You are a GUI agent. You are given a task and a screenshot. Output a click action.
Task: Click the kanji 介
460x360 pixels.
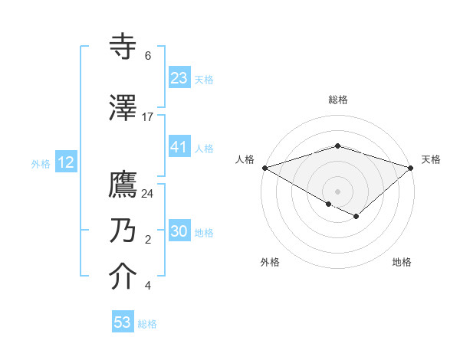(123, 277)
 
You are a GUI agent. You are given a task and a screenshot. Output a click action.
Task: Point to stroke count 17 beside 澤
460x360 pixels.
(148, 117)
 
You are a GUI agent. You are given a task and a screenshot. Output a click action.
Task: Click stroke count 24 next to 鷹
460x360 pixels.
(148, 194)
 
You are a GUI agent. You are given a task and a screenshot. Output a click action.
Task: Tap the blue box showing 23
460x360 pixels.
(179, 77)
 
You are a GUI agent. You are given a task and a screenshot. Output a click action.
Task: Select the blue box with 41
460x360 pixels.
(179, 147)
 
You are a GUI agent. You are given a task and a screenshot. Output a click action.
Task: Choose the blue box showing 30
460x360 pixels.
(179, 231)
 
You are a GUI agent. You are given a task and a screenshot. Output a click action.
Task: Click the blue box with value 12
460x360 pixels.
(66, 162)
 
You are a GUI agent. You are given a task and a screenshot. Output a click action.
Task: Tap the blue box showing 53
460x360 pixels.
(123, 322)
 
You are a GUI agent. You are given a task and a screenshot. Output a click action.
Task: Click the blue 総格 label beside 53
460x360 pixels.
(148, 324)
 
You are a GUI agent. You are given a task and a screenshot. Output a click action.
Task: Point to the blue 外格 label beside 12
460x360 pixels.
(41, 163)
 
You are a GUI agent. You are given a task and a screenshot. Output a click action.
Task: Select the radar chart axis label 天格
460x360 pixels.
(431, 159)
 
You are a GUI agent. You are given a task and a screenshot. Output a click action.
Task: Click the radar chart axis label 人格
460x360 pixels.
(245, 159)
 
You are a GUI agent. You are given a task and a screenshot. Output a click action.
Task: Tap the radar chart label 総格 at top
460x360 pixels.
(338, 100)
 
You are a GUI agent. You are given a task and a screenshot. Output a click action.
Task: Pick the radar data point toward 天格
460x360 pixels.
(412, 167)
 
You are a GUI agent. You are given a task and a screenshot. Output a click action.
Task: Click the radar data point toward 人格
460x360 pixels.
(264, 167)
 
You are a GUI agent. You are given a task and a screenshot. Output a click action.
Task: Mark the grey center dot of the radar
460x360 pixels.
(338, 191)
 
